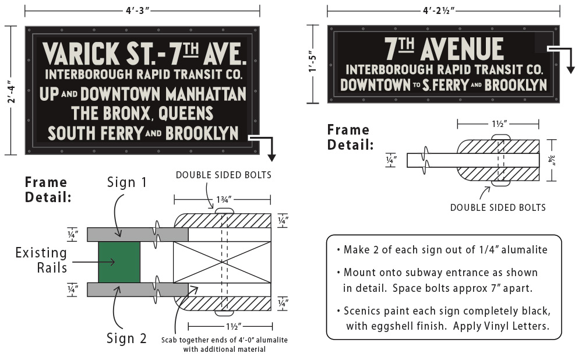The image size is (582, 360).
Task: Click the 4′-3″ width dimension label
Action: [x=137, y=10]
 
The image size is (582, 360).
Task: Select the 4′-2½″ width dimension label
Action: [x=439, y=10]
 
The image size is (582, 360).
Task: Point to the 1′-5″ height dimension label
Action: [x=313, y=62]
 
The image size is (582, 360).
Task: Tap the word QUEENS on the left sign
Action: [x=186, y=114]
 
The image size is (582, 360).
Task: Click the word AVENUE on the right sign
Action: [x=462, y=49]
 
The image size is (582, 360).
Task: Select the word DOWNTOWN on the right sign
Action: [x=375, y=85]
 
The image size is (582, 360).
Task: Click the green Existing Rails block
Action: [x=119, y=262]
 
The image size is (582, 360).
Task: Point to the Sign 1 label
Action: [x=127, y=182]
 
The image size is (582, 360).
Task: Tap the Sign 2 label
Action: [x=126, y=338]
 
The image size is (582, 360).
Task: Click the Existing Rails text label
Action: [x=41, y=260]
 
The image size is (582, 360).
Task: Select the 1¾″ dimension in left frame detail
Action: [x=224, y=200]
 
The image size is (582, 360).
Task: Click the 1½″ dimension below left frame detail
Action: [x=234, y=327]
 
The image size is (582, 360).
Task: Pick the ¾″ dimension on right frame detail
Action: [x=552, y=160]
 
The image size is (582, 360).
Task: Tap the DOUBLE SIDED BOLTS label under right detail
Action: [x=498, y=207]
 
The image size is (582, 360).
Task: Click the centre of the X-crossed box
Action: [x=222, y=262]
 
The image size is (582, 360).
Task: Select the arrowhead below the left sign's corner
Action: [x=272, y=158]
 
